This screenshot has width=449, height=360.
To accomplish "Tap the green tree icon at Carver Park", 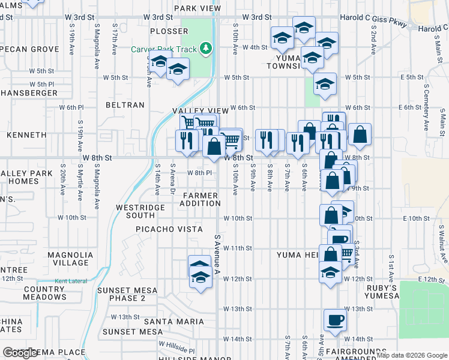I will (205, 47).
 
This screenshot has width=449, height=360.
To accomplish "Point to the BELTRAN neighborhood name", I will (125, 105).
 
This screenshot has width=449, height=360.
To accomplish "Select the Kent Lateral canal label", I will (67, 281).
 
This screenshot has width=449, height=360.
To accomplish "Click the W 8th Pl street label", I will (200, 173).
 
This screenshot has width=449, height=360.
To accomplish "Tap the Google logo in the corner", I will (21, 353).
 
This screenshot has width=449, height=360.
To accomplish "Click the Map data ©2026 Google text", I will (412, 355).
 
